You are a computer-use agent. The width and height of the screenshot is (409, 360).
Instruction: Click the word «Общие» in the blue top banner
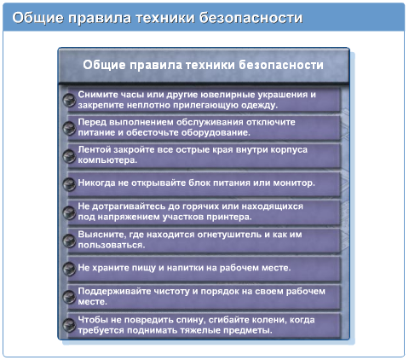pyautogui.click(x=37, y=17)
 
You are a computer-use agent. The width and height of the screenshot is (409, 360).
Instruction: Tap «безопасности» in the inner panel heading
pyautogui.click(x=280, y=65)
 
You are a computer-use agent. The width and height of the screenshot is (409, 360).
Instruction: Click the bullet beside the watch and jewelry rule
pyautogui.click(x=69, y=100)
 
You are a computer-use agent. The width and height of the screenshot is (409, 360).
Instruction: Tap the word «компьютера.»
pyautogui.click(x=107, y=160)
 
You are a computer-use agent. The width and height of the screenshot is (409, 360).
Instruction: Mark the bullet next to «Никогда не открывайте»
pyautogui.click(x=69, y=184)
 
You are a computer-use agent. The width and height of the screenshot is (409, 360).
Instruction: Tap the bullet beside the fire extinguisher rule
pyautogui.click(x=69, y=241)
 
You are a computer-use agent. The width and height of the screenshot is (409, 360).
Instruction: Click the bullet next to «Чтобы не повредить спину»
pyautogui.click(x=69, y=325)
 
